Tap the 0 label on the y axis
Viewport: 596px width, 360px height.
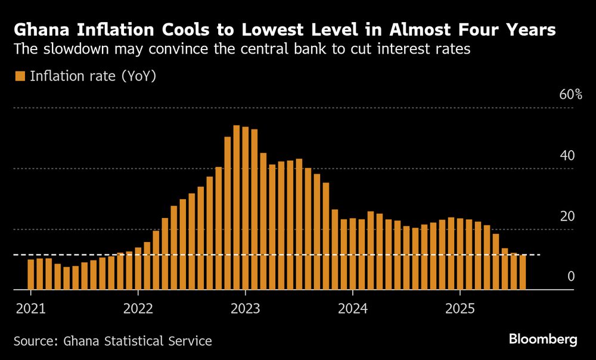(570, 276)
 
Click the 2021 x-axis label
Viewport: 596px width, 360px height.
(30, 309)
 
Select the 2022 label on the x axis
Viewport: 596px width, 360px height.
(138, 309)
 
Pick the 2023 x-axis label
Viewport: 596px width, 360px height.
(245, 309)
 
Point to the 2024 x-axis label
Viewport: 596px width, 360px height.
(353, 309)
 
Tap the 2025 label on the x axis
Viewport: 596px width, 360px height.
(460, 309)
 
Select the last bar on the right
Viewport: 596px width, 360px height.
(523, 272)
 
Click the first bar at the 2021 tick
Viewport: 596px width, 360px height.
(31, 275)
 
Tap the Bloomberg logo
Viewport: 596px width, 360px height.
(543, 340)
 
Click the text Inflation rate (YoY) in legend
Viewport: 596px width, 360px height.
(93, 76)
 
